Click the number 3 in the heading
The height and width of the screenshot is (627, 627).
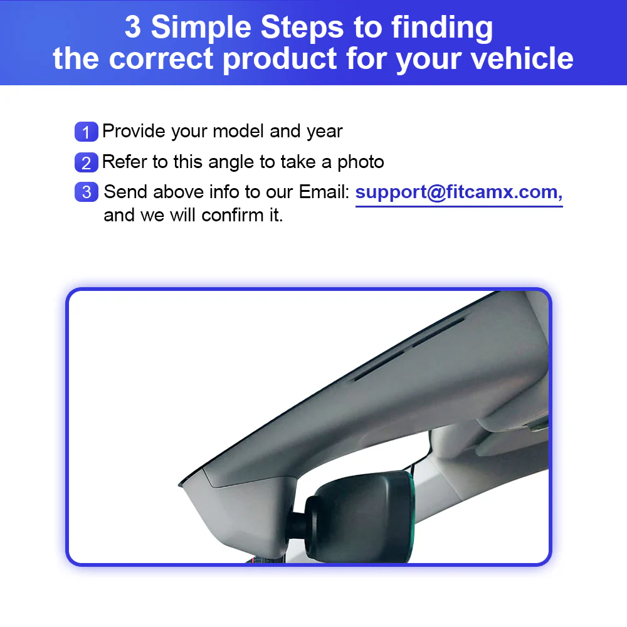132,28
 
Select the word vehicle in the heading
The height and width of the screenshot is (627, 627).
522,58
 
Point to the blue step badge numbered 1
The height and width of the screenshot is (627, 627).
86,132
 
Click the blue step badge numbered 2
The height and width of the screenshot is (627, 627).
86,162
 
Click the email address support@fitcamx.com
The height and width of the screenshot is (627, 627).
458,192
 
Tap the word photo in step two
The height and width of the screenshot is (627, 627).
361,162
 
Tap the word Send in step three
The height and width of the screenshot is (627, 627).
125,192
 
